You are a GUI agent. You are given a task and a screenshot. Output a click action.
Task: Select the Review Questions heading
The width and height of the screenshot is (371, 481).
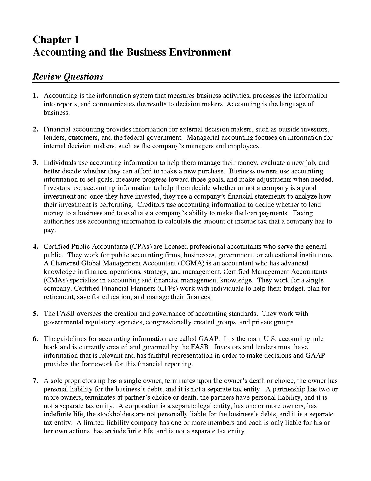tap(68, 76)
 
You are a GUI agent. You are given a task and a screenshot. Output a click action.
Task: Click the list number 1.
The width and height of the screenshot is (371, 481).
tap(35, 96)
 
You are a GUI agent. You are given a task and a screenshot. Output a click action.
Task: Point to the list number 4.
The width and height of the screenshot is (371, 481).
tap(35, 247)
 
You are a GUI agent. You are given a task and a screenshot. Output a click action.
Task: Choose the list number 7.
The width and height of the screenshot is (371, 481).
tap(35, 381)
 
